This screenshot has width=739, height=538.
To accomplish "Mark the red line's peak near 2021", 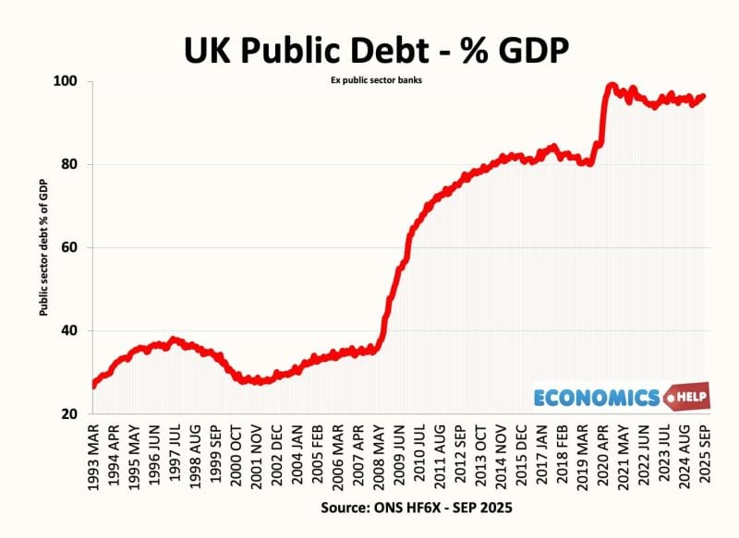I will click(x=612, y=86).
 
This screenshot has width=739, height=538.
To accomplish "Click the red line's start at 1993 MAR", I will click(x=93, y=386).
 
